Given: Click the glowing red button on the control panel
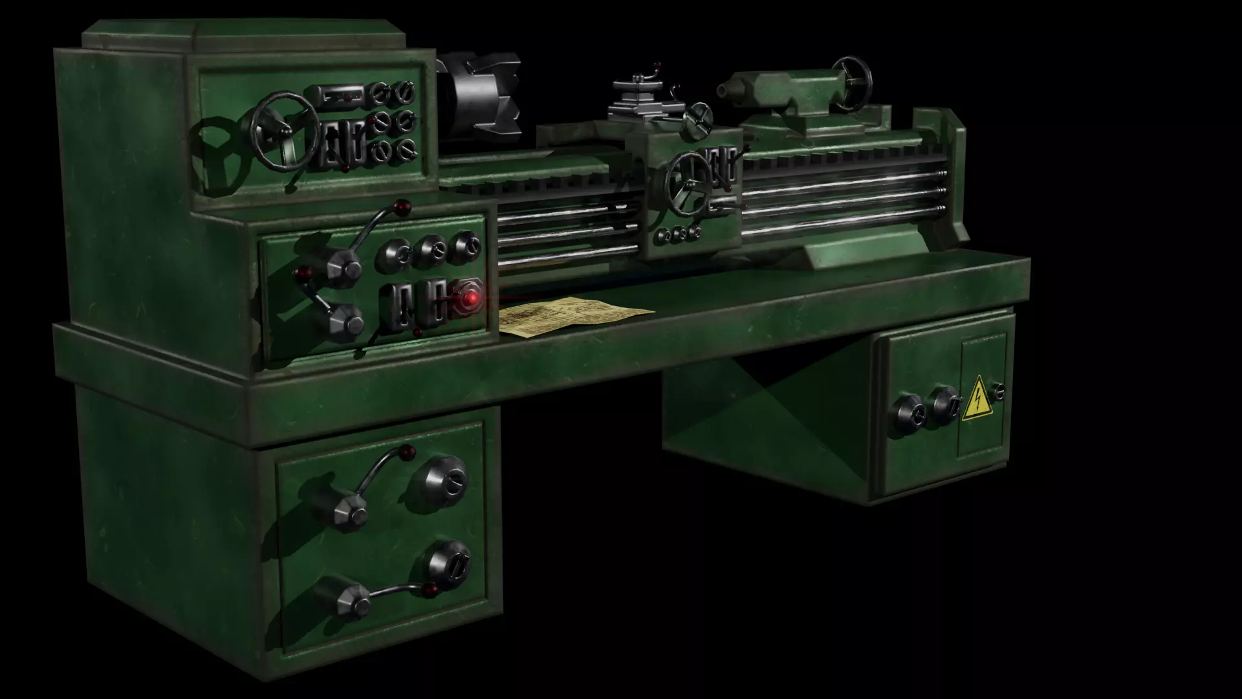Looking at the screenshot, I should click(472, 298).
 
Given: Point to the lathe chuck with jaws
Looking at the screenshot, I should click(482, 97).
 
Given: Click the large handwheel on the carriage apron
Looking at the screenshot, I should click(689, 184).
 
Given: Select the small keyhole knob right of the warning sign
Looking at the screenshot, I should click(999, 392).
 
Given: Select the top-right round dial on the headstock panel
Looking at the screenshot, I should click(406, 92).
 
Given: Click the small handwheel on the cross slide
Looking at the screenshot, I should click(699, 121).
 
